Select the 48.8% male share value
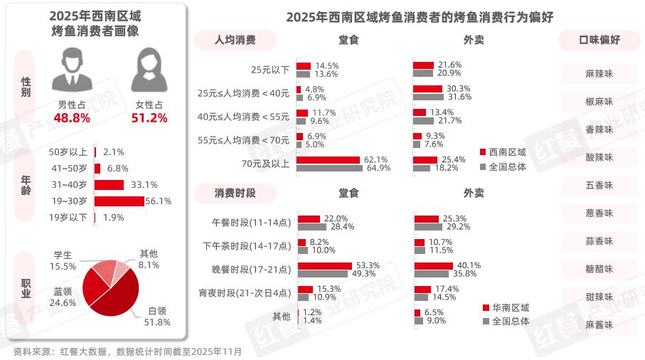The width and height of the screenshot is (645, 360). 72,118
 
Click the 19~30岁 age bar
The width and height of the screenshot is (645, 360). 119,201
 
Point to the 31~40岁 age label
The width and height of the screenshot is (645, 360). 68,185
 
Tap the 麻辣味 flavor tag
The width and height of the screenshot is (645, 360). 599,73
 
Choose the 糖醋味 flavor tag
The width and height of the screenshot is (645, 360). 599,269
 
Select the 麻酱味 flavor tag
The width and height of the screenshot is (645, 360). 599,324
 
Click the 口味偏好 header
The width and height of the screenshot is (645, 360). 599,40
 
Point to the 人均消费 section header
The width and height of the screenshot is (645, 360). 235,40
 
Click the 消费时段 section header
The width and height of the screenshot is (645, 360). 235,193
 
